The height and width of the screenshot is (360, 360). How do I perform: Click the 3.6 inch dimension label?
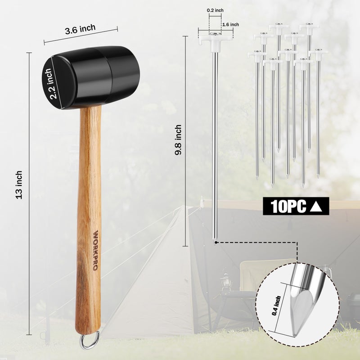[x=80, y=29]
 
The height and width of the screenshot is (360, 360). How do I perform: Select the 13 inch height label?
[x=19, y=185]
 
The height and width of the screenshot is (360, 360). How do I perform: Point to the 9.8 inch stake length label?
[x=178, y=140]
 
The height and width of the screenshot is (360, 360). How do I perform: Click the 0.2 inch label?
[x=215, y=10]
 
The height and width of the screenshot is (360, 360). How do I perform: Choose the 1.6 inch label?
[x=230, y=25]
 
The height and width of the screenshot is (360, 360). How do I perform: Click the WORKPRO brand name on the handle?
[x=96, y=250]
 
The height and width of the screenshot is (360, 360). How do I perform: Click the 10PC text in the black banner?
[x=288, y=207]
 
